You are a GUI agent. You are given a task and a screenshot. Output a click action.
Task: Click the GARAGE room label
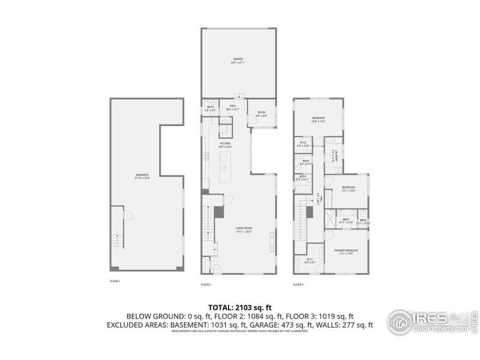tap(238, 60)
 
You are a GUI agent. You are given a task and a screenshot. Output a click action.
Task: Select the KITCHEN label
tap(225, 145)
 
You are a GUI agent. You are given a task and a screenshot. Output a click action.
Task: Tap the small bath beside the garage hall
tap(209, 109)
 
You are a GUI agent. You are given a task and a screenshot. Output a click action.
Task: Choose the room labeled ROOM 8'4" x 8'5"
tap(262, 113)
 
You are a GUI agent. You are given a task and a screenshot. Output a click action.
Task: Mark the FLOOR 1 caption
tap(115, 281)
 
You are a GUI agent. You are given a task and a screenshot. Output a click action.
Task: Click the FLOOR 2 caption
tap(206, 284)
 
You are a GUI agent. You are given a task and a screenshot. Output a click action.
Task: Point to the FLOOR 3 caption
tap(298, 284)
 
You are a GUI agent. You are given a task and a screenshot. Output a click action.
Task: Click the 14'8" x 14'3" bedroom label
tap(318, 119)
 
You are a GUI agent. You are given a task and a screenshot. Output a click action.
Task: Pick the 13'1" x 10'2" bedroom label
tap(349, 189)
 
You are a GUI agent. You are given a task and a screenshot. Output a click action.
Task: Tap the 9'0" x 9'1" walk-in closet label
tap(310, 261)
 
